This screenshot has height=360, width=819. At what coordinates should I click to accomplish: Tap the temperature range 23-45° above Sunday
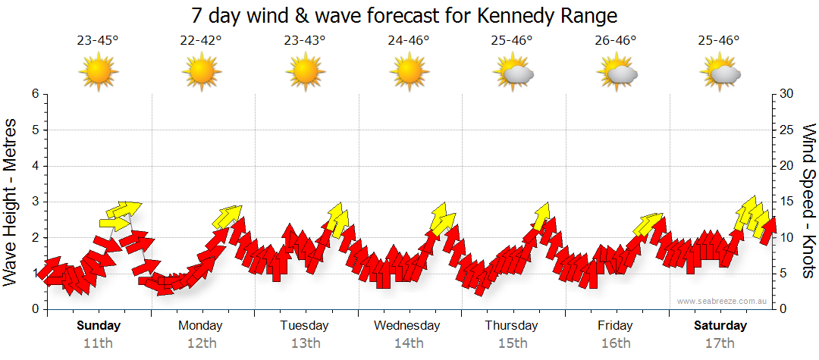98,41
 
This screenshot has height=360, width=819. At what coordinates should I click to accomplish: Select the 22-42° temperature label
201,41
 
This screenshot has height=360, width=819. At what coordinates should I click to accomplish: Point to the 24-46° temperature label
408,41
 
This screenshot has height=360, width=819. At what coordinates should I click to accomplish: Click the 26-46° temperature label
615,41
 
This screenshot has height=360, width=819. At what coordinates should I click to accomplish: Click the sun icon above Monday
201,73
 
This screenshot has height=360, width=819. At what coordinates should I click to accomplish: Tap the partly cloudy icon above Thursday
514,74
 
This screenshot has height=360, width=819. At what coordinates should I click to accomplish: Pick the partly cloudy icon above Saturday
720,74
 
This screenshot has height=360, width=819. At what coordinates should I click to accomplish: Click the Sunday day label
99,326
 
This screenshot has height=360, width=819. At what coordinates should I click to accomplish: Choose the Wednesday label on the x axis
407,326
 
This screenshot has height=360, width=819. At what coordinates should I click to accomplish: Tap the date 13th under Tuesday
305,343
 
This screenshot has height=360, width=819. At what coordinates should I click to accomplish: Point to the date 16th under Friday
615,343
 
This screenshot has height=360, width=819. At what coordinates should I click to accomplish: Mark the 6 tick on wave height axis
34,94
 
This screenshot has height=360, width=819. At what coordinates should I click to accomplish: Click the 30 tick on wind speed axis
787,94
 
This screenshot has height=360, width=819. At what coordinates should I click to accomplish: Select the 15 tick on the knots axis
787,202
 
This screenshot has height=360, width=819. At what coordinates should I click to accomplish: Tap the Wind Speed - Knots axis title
808,202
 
